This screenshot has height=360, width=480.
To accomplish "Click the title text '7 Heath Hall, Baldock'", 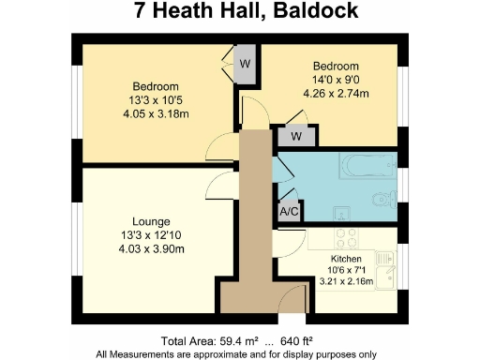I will [240, 13].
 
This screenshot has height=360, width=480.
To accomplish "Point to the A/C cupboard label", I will [290, 212].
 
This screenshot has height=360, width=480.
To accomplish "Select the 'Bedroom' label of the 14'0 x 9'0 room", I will [336, 67].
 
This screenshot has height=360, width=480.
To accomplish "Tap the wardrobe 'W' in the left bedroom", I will [244, 65].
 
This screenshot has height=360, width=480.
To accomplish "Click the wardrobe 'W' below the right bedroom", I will [295, 136].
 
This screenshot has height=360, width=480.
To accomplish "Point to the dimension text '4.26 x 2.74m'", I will [336, 93].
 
